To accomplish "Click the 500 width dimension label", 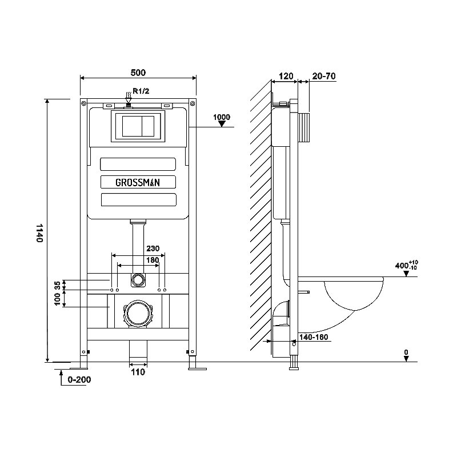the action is [x=138, y=73].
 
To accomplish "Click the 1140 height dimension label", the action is [x=39, y=233].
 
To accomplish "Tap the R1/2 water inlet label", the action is [x=141, y=91].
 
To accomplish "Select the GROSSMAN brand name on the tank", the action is [x=138, y=182].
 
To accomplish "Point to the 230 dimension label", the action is [x=153, y=248].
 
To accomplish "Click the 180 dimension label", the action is [x=153, y=260].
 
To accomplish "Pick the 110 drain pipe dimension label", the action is [x=138, y=372].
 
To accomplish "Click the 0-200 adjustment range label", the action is [x=79, y=380].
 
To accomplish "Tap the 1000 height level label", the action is [x=222, y=117].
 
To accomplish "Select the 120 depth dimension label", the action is [x=286, y=77].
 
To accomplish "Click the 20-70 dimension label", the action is [x=324, y=77].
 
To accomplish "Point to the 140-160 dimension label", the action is [x=314, y=337].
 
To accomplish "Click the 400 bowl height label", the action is [x=406, y=266].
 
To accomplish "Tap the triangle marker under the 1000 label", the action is [x=222, y=124].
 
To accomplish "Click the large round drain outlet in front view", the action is [x=138, y=314].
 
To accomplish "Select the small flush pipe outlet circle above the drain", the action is [x=138, y=280].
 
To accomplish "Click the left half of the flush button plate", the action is [x=132, y=126].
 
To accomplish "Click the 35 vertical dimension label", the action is [x=58, y=285].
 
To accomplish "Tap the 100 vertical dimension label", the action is [x=58, y=299].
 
